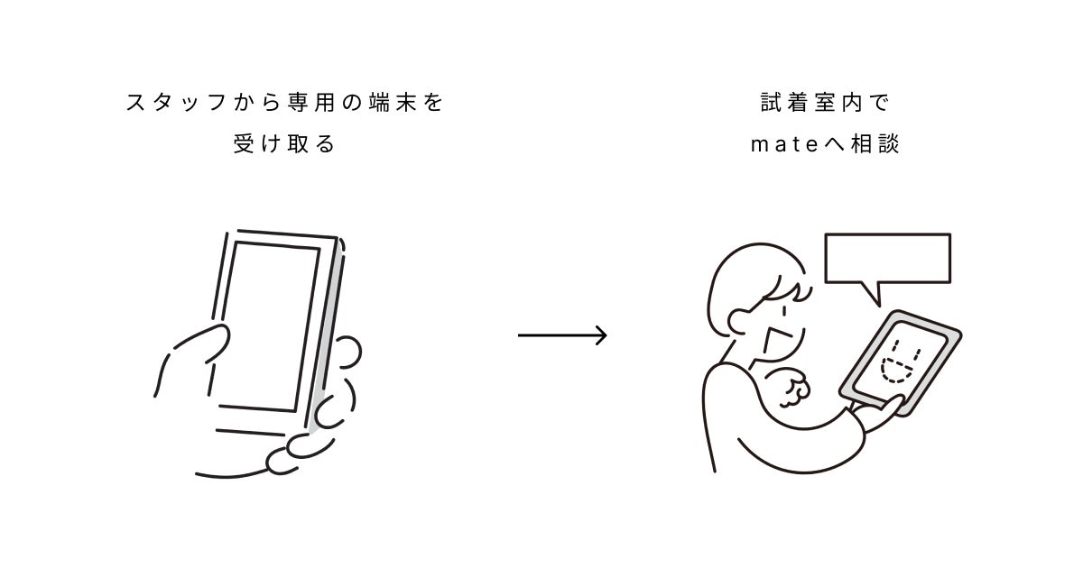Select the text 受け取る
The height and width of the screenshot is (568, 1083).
coord(283,144)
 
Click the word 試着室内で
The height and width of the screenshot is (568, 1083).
coord(824,103)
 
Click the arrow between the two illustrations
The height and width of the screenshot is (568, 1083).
coord(561,335)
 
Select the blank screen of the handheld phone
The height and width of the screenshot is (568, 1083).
coord(267,325)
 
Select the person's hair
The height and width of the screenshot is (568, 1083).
coord(745,275)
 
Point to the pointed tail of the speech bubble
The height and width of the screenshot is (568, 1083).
coord(870,294)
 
